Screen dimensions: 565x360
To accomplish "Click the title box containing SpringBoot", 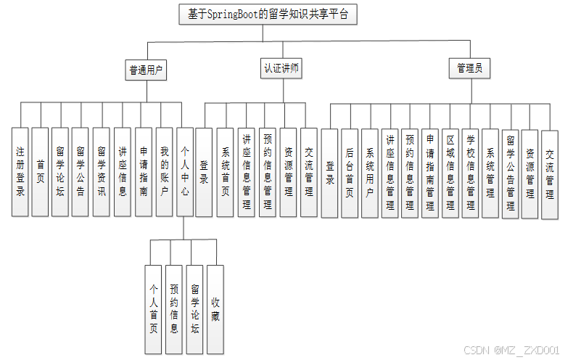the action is coord(268,15).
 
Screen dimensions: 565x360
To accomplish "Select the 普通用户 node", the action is coord(146,70).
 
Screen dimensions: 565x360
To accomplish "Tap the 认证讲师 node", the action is coord(281,69).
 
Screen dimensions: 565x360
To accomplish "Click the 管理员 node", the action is coord(469,69).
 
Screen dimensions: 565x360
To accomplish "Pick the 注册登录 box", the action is coord(20,172).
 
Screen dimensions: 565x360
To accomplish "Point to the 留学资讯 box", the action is coord(102,172).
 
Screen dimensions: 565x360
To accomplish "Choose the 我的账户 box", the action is coord(165,172).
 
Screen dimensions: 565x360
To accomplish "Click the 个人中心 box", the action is coord(185,172).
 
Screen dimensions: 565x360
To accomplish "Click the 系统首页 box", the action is coord(226,172).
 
